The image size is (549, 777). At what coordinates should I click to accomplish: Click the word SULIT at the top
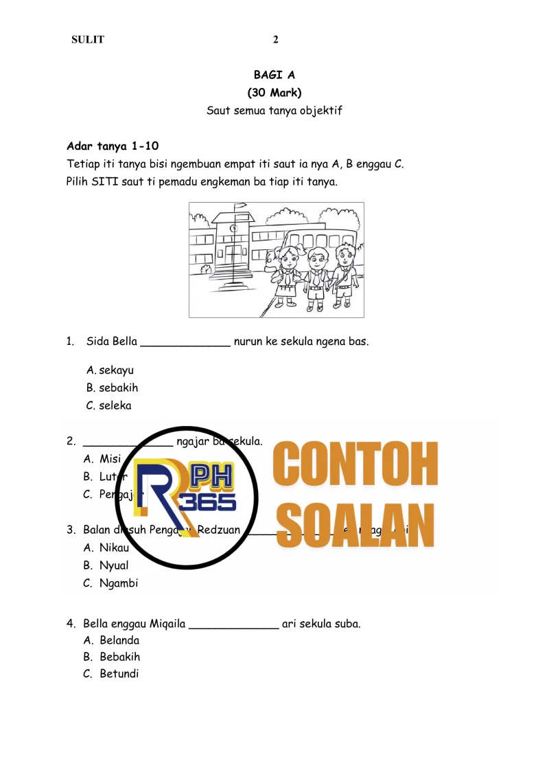point(88,39)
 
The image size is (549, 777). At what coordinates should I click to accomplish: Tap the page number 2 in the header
point(276,39)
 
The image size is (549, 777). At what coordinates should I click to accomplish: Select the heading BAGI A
point(274,75)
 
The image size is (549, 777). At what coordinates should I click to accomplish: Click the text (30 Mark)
point(274,93)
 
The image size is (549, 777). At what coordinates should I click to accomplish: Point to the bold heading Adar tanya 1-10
point(113,146)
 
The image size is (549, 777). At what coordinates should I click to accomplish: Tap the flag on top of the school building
point(240,205)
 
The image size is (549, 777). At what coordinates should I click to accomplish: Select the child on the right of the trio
point(341,277)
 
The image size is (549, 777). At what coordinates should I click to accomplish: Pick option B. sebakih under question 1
point(113,388)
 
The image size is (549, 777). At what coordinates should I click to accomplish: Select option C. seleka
point(109,405)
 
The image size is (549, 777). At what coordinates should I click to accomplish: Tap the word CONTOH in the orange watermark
point(355,465)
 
